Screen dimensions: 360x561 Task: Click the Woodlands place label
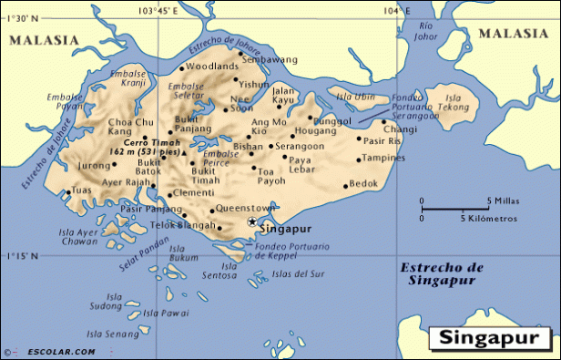tap(212, 67)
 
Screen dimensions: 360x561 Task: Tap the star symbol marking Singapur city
tap(251, 221)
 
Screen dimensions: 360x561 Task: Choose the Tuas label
tap(82, 190)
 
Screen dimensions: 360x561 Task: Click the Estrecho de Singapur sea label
tap(440, 273)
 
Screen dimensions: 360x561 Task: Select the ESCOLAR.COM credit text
tap(57, 351)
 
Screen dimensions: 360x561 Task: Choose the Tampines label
tap(383, 157)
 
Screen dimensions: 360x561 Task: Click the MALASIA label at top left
tap(43, 40)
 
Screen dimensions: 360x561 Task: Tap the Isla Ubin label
tap(352, 96)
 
